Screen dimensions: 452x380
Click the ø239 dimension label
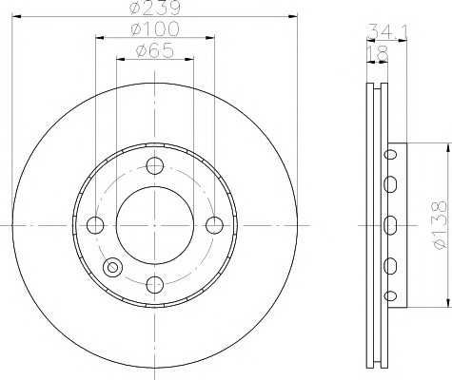[155, 7]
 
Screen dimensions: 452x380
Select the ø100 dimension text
[155, 28]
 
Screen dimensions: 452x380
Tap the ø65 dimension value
[155, 50]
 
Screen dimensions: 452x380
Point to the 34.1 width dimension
[386, 31]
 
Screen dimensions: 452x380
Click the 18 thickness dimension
[378, 53]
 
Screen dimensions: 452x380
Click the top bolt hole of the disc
[155, 165]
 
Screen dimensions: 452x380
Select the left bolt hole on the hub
[95, 225]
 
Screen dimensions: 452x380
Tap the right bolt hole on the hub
[214, 225]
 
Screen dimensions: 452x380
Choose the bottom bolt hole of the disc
[155, 285]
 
